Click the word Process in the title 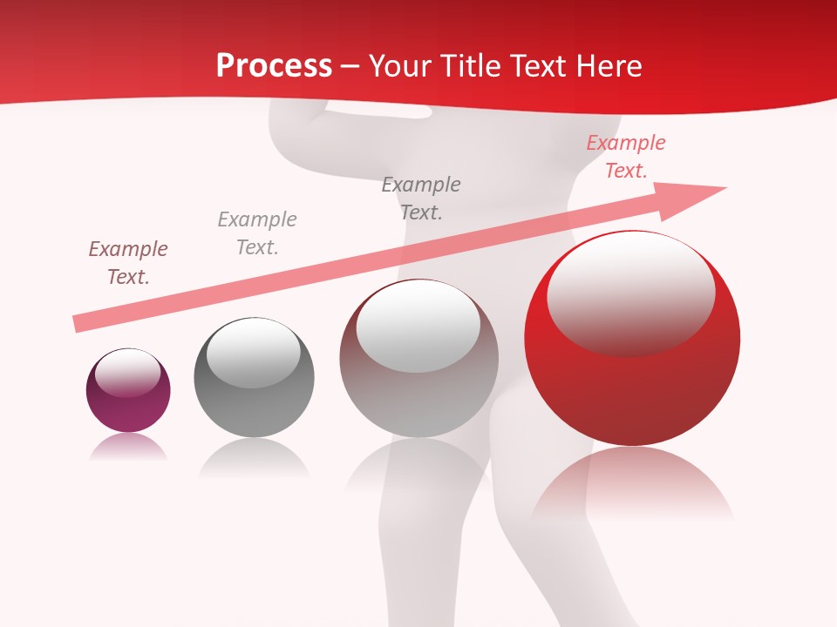click(274, 66)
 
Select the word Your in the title click(401, 66)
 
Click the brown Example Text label click(128, 262)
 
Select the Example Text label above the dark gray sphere click(257, 233)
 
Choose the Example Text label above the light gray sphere click(421, 198)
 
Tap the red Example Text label click(626, 157)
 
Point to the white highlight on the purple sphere click(127, 373)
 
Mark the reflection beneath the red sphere click(632, 483)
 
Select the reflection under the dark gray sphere click(254, 457)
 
